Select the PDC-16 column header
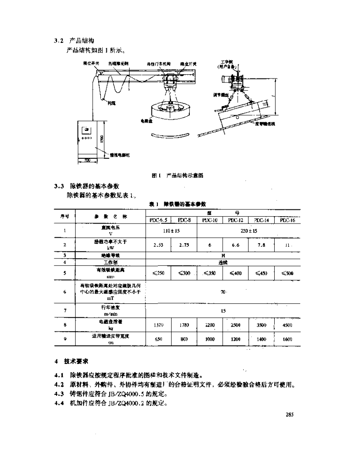tap(287, 220)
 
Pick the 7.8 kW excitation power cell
tap(261, 244)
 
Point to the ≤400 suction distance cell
tap(235, 273)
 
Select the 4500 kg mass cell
tap(287, 326)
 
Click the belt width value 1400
tap(261, 339)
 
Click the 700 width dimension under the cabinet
tap(86, 161)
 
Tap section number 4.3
tap(57, 394)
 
